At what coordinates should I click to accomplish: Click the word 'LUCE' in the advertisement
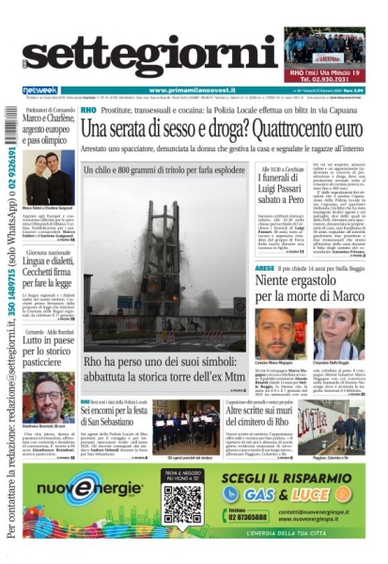334,493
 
